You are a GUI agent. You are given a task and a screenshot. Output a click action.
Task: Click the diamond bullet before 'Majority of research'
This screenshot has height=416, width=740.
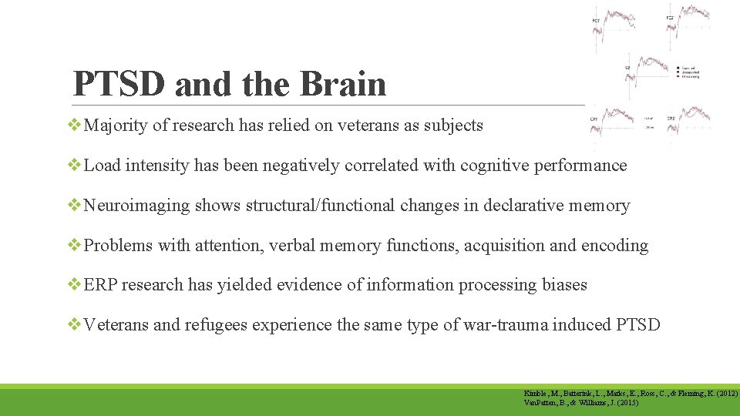click(x=76, y=126)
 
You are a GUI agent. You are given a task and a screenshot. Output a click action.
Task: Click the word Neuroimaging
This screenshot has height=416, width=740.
click(x=136, y=206)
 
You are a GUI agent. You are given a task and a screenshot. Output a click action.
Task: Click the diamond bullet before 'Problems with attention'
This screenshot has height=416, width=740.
click(x=76, y=246)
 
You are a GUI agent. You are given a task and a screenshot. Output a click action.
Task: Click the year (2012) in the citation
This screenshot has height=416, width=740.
click(x=725, y=394)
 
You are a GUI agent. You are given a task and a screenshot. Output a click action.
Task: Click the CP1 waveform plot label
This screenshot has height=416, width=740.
click(x=594, y=119)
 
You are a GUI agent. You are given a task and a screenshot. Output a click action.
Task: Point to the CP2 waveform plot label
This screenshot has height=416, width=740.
click(x=670, y=119)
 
